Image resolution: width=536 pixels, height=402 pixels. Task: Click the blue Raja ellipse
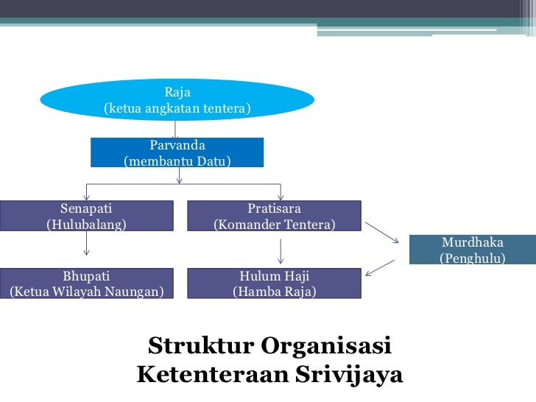(177, 100)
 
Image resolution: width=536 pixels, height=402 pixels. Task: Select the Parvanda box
(177, 152)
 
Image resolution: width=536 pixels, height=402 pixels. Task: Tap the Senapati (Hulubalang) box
(86, 216)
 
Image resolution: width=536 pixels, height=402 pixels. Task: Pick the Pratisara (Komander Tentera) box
(274, 216)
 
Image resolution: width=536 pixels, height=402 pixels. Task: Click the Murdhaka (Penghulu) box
(472, 250)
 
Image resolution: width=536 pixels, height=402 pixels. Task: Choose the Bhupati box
(86, 283)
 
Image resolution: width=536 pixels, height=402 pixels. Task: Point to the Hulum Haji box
(274, 283)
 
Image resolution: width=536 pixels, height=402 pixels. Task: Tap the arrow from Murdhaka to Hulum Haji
(380, 269)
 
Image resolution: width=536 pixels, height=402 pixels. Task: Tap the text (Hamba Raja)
(274, 292)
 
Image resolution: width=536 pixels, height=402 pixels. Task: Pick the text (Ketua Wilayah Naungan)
(86, 292)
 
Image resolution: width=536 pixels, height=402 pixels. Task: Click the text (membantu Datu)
(177, 161)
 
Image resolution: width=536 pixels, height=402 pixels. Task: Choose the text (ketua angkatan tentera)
(177, 109)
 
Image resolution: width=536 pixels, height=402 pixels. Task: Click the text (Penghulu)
(472, 258)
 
